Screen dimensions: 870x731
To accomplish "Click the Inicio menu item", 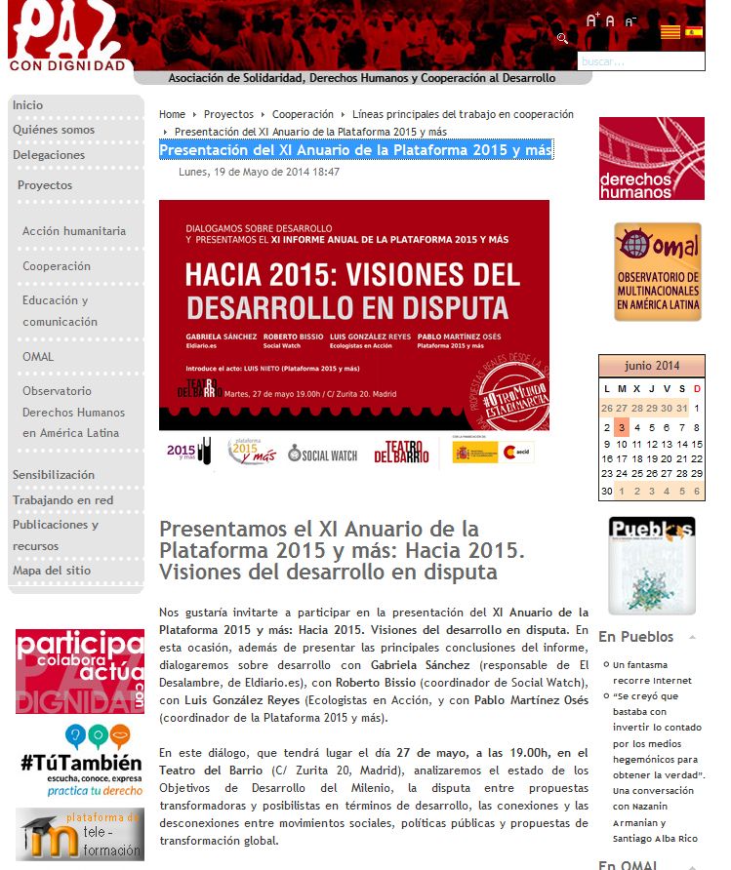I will (28, 105).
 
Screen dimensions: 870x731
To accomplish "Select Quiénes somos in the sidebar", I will (54, 130).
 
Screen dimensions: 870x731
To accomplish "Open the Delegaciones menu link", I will (49, 155).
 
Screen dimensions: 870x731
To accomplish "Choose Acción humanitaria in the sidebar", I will (74, 231).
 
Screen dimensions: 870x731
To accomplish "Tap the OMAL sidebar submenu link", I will (38, 357).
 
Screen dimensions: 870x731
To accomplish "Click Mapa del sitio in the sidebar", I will (52, 571).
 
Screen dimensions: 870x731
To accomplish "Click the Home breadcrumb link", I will (172, 114).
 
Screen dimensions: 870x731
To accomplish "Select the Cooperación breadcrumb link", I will (303, 114).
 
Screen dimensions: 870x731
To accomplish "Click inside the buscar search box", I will (639, 61).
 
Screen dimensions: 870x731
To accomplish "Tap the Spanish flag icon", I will (694, 32).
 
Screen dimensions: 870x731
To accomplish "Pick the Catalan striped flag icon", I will (670, 32).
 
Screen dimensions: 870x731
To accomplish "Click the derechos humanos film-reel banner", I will (651, 158).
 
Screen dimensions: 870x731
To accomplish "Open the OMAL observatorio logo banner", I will (658, 272).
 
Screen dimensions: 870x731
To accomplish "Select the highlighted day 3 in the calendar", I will (621, 427).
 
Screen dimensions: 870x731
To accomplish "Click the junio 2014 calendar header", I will (651, 366).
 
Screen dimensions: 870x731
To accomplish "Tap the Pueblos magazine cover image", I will (652, 566).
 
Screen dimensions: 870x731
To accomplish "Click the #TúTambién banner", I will (80, 761).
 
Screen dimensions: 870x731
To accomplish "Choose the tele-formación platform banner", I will (80, 834).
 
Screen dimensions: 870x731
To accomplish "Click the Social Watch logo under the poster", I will (323, 455).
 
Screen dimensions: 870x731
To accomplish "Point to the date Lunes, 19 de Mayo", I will (259, 173).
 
